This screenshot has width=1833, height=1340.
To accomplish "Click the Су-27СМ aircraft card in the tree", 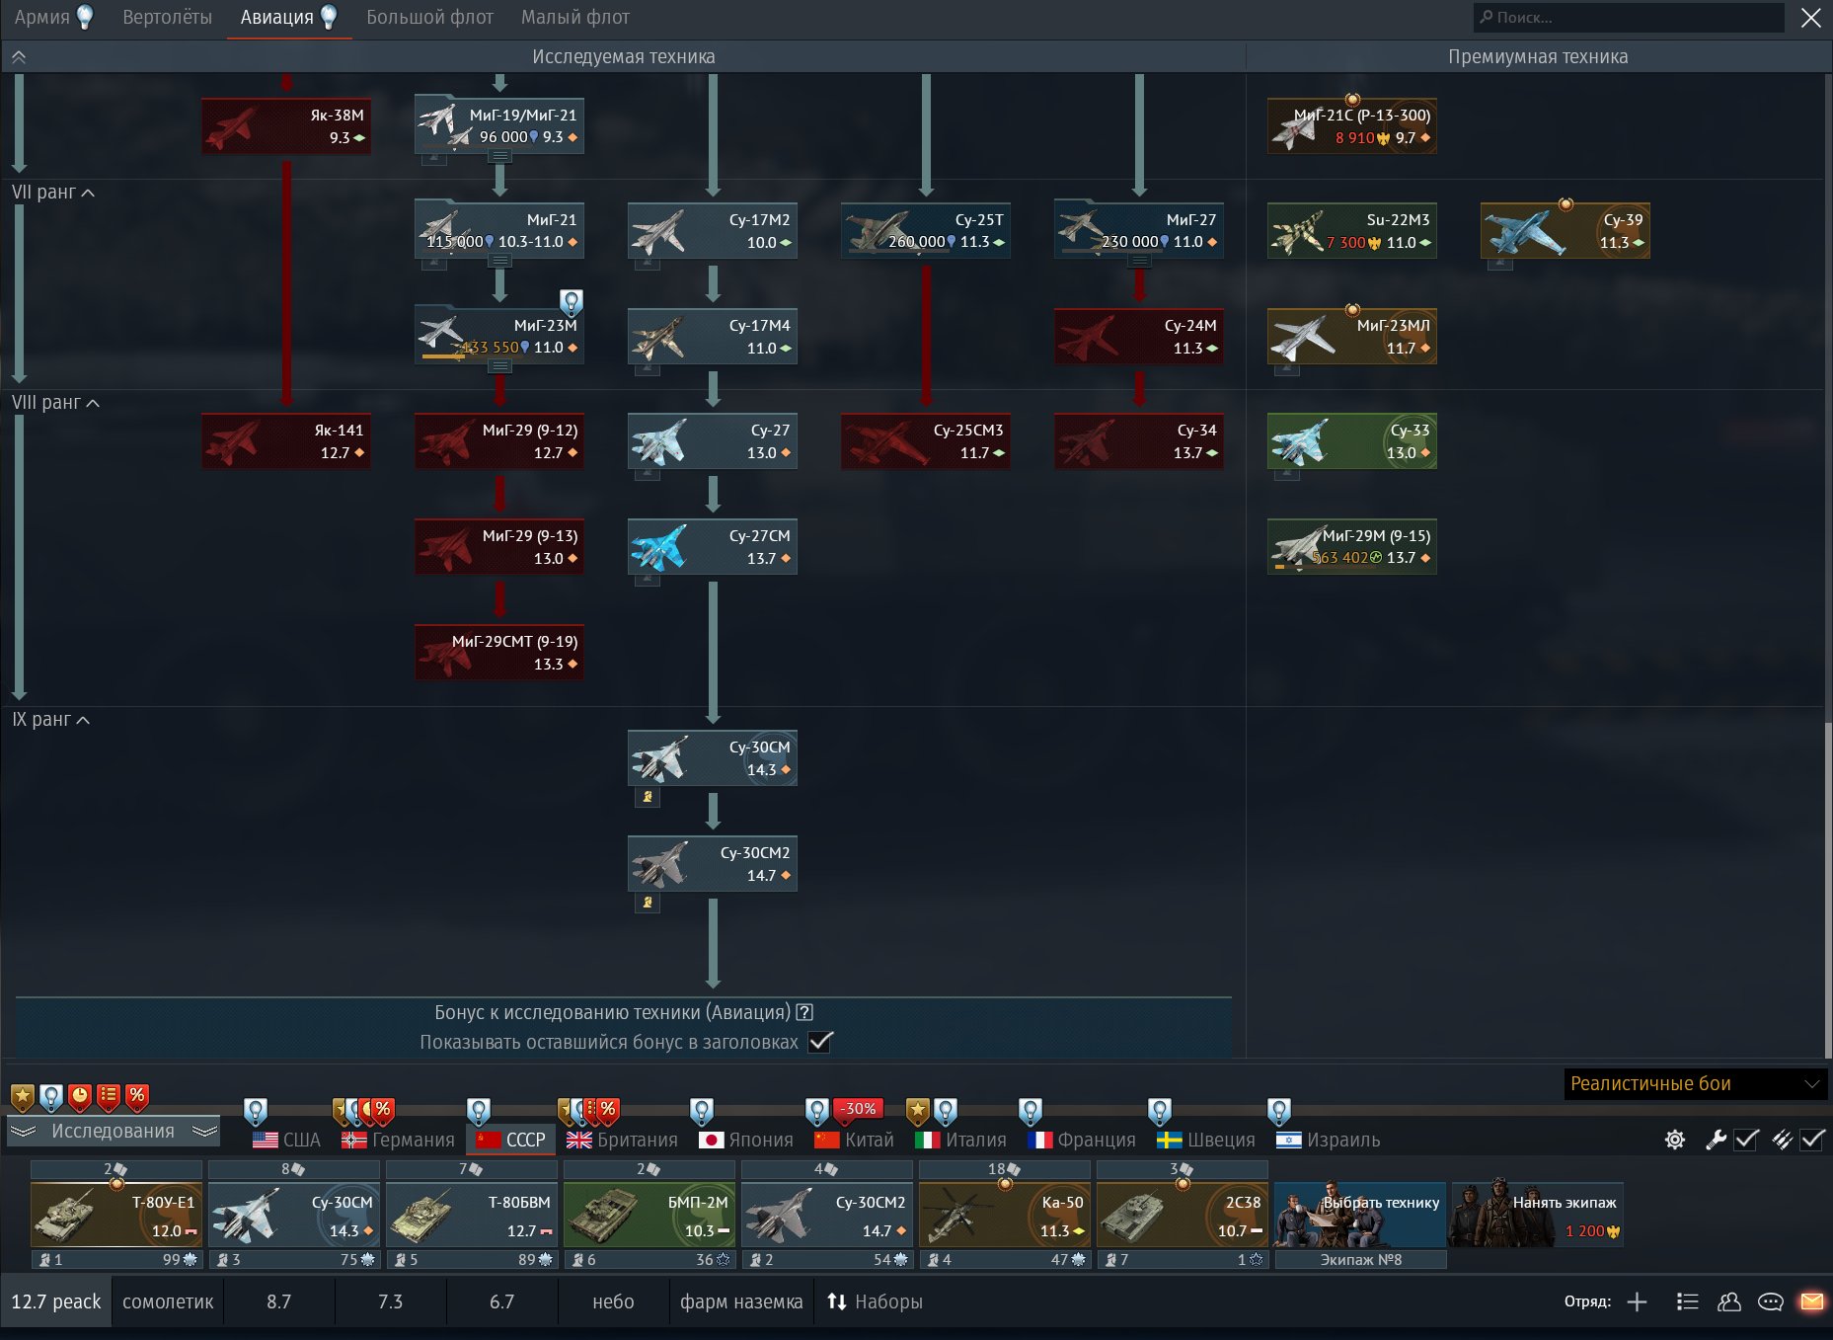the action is click(x=713, y=546).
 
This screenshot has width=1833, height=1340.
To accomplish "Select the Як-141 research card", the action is click(x=286, y=440).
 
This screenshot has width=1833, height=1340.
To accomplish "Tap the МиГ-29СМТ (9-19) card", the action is click(x=499, y=652).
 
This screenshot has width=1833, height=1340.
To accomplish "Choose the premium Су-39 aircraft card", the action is click(x=1566, y=230).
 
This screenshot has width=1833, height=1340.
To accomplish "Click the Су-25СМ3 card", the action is click(x=926, y=440).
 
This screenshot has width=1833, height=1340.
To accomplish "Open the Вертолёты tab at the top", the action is click(x=167, y=17).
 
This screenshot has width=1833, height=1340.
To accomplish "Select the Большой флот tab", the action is click(x=429, y=17).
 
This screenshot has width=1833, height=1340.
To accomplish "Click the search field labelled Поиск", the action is click(x=1629, y=17).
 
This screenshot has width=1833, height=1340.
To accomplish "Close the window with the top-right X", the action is click(x=1811, y=18).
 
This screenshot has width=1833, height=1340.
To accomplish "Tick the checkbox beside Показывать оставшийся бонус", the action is click(x=820, y=1042).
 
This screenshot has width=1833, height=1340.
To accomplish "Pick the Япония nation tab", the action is click(x=745, y=1140).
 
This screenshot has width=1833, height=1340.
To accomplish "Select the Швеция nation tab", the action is click(x=1205, y=1140).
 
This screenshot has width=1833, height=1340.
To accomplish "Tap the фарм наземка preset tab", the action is click(x=741, y=1301).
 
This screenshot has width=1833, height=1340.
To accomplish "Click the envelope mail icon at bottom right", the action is click(x=1812, y=1301).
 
